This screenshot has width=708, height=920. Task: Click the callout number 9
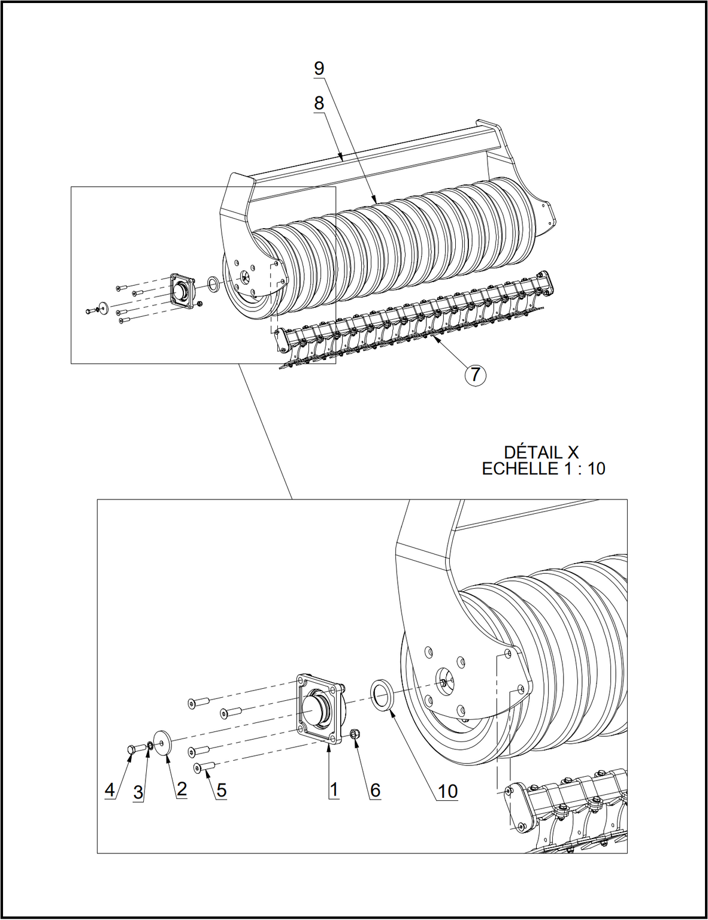(x=319, y=68)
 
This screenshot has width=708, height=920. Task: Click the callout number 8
(x=319, y=103)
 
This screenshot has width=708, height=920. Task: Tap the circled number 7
(x=475, y=375)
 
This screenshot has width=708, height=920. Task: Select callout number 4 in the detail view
(x=110, y=789)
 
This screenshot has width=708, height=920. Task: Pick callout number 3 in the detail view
(x=138, y=792)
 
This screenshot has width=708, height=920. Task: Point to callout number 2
(x=181, y=789)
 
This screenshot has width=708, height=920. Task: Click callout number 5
(x=221, y=791)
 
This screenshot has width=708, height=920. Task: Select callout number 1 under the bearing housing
(x=334, y=789)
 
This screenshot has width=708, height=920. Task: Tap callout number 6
(x=375, y=790)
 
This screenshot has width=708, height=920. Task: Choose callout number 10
(x=447, y=791)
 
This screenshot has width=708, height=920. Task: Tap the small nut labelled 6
(x=355, y=733)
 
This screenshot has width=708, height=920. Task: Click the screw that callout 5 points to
(x=205, y=767)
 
